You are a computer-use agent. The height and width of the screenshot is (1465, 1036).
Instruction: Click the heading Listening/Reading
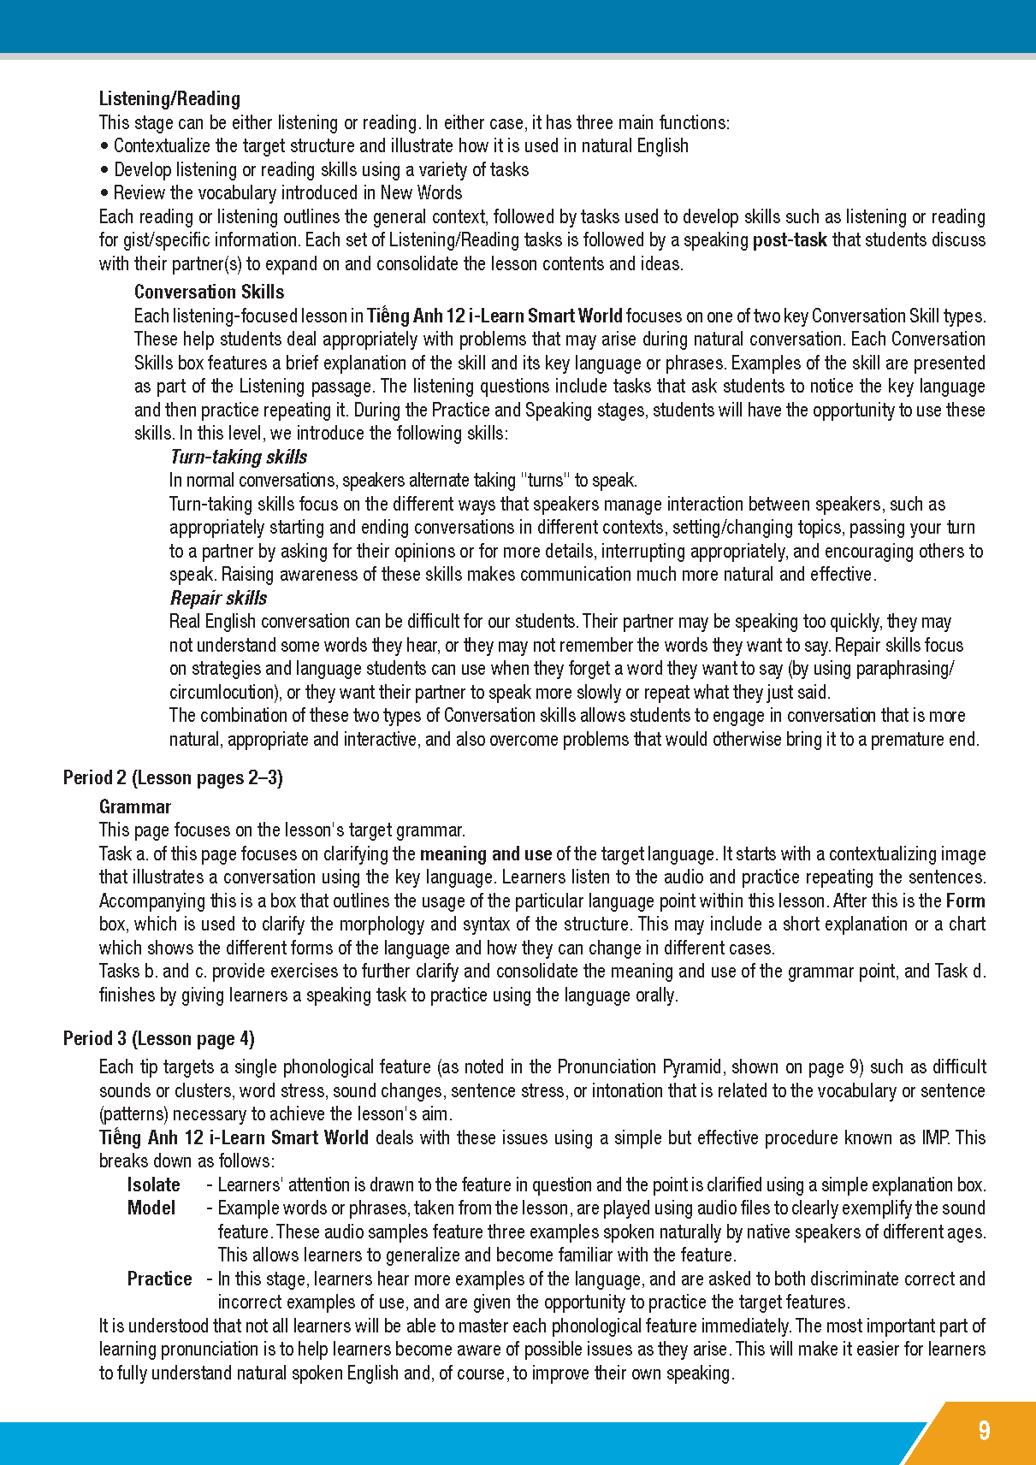169,99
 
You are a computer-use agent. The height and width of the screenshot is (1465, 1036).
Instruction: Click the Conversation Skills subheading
209,292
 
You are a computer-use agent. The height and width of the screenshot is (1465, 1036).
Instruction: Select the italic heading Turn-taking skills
238,458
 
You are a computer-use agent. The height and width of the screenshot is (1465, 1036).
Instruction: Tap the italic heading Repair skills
218,599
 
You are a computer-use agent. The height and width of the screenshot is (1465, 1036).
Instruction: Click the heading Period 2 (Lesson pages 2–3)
173,778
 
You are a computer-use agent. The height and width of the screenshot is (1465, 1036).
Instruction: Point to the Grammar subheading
135,807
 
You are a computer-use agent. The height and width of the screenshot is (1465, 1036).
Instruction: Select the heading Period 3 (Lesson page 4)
159,1039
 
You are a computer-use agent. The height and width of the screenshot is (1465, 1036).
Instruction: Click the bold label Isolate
153,1185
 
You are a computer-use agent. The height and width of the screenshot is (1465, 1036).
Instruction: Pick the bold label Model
151,1208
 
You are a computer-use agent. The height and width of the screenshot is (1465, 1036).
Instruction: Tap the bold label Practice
159,1279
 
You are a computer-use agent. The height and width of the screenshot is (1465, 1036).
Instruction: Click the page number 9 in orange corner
984,1432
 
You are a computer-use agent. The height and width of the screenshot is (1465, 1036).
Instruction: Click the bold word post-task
789,240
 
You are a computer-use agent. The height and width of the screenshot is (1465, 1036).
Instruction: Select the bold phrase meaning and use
485,854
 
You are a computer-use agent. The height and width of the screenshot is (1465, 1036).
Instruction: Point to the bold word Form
965,901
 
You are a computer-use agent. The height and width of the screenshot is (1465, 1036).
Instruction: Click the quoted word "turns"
545,481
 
